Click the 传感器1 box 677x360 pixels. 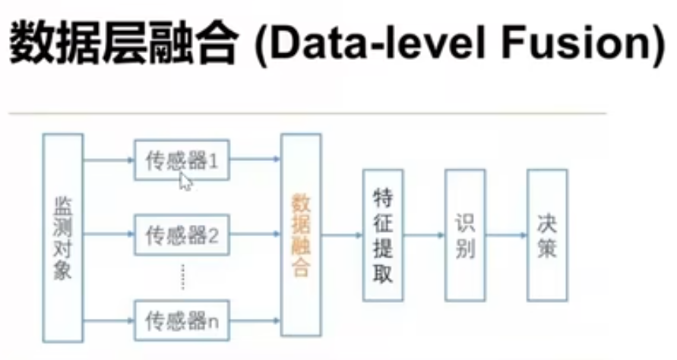[x=182, y=160]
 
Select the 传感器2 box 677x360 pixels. [x=182, y=235]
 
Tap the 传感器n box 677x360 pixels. [x=182, y=321]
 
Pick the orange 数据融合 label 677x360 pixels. [x=301, y=235]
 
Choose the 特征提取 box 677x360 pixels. [x=383, y=235]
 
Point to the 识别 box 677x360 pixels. [x=464, y=235]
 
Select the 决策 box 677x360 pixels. [x=546, y=235]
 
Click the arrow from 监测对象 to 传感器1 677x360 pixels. [x=109, y=160]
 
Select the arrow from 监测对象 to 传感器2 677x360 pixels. [x=109, y=235]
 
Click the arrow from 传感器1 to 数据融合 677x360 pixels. [x=255, y=160]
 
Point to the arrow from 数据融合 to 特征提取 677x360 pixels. [x=342, y=235]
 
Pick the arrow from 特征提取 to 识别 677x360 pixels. [x=424, y=235]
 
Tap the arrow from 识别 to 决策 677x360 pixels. [x=505, y=235]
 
